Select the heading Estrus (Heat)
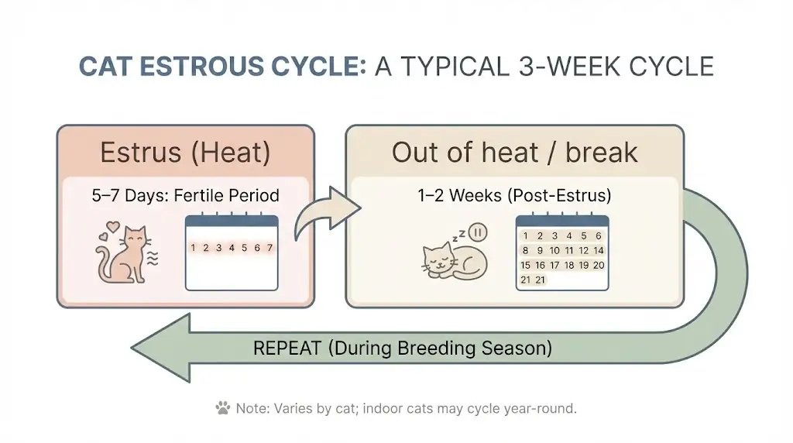pyautogui.click(x=185, y=153)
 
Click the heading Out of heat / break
pyautogui.click(x=514, y=153)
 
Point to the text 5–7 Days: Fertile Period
pyautogui.click(x=185, y=196)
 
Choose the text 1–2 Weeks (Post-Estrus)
pyautogui.click(x=514, y=196)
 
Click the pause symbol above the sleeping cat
pyautogui.click(x=479, y=232)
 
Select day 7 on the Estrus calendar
pyautogui.click(x=269, y=248)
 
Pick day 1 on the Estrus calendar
pyautogui.click(x=194, y=248)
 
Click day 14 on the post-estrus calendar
pyautogui.click(x=598, y=250)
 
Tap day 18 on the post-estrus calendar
pyautogui.click(x=568, y=265)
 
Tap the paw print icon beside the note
pyautogui.click(x=223, y=408)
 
